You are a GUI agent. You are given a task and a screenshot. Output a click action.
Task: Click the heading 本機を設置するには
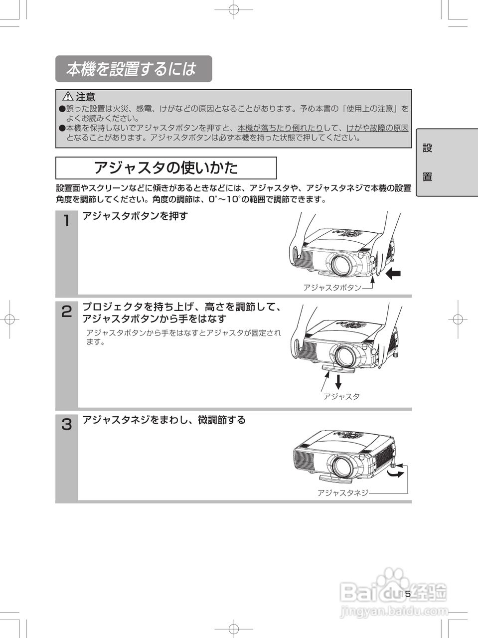click(132, 69)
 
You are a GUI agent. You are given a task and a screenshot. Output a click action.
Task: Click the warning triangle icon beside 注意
click(68, 97)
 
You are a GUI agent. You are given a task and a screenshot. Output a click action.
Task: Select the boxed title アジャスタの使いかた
click(165, 167)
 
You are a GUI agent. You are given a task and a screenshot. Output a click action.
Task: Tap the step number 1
click(66, 221)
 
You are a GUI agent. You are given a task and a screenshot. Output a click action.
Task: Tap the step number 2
click(66, 312)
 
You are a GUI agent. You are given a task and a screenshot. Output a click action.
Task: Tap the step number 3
click(66, 425)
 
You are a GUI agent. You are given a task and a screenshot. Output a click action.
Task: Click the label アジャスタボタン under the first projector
click(332, 288)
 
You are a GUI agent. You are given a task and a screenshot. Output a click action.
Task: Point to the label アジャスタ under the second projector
click(341, 397)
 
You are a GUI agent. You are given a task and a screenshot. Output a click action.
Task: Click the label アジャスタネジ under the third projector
click(343, 493)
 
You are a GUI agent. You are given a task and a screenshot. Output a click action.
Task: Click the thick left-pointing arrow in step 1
click(393, 273)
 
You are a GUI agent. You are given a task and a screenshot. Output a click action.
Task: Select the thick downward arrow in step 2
click(338, 381)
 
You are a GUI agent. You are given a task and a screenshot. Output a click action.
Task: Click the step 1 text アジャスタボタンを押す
click(135, 216)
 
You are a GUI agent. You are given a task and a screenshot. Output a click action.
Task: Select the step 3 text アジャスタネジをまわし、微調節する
click(164, 420)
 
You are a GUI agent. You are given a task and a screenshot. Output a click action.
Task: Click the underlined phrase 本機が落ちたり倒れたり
click(280, 128)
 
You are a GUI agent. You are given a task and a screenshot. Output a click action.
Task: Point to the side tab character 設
click(427, 148)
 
